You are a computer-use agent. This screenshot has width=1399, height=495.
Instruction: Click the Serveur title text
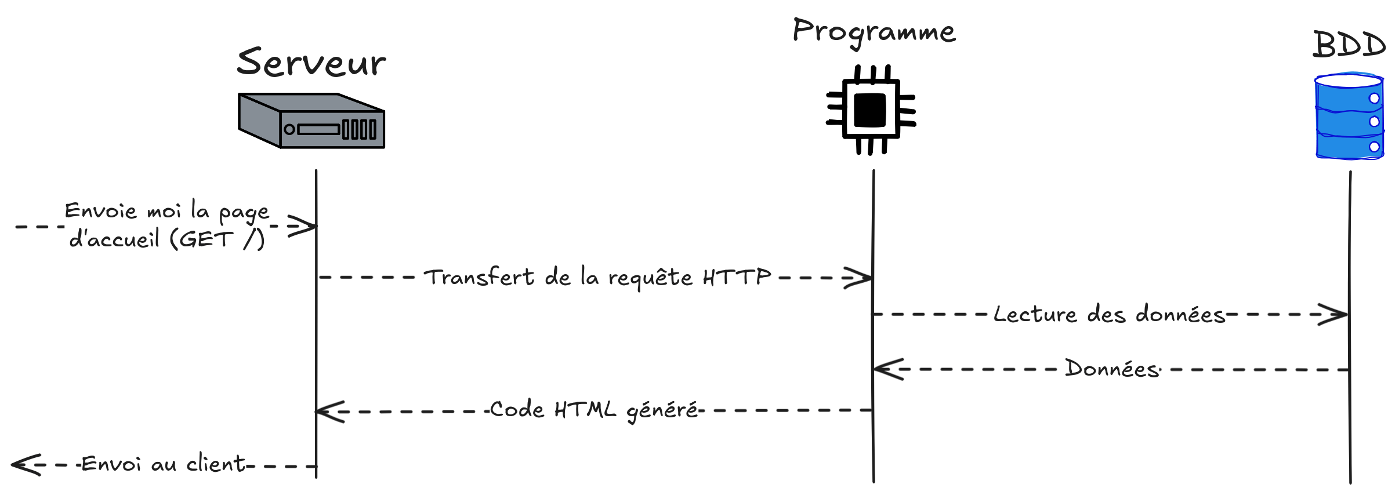(x=311, y=63)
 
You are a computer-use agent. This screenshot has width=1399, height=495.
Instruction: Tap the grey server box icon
(x=311, y=121)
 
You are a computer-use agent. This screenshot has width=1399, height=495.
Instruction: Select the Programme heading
(x=874, y=31)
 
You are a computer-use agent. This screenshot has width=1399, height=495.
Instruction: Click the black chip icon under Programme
(x=871, y=110)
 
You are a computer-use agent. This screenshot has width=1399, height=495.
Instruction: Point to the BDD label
(x=1349, y=45)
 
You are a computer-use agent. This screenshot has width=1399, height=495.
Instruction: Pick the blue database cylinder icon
(x=1349, y=116)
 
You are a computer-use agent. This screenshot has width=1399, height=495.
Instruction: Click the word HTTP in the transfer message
(x=737, y=277)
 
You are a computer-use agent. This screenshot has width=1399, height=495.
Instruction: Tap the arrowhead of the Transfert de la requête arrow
(x=864, y=278)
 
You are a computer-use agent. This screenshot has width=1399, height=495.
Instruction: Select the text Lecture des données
(x=1109, y=314)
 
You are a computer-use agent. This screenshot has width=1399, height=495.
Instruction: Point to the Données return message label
(x=1112, y=369)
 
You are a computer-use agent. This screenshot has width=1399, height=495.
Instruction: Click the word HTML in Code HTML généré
(x=585, y=410)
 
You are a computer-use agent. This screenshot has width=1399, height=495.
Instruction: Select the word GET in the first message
(x=205, y=239)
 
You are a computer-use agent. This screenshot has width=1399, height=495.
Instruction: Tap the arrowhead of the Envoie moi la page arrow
(x=307, y=226)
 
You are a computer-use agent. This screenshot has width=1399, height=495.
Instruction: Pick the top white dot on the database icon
(x=1374, y=98)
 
